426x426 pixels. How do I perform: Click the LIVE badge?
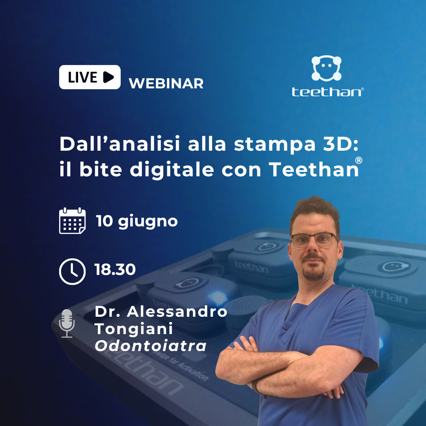(x=90, y=77)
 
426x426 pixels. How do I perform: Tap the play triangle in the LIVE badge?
(x=108, y=77)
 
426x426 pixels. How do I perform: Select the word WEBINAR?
(x=166, y=83)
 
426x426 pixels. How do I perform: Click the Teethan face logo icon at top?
(x=326, y=68)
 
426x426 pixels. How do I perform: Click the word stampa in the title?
(x=275, y=144)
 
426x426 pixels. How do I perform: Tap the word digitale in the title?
(x=172, y=170)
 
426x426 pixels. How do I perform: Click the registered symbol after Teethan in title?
(x=359, y=160)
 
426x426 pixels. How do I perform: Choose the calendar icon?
(x=72, y=220)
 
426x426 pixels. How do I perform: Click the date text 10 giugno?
(x=137, y=221)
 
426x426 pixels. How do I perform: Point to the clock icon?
(x=72, y=271)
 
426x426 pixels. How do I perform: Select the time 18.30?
(x=115, y=269)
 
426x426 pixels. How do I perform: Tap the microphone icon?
(x=67, y=323)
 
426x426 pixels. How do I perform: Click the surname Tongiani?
(x=134, y=329)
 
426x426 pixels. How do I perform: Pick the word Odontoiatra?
(x=151, y=346)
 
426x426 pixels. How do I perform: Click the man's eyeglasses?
(x=314, y=240)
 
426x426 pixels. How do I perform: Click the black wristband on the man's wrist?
(x=255, y=386)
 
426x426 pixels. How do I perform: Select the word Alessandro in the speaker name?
(x=177, y=312)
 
